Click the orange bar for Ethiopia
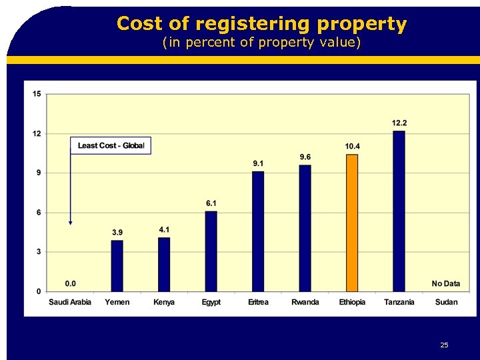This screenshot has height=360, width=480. point(352,223)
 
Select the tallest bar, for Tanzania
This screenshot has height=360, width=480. point(399,211)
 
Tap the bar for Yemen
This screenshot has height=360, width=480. point(117,265)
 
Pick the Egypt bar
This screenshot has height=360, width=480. point(211,251)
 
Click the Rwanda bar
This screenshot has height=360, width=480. point(305,228)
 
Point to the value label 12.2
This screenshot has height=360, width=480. point(399,123)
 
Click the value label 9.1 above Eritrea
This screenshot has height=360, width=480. point(258,163)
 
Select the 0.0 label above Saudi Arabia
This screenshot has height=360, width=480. point(70,283)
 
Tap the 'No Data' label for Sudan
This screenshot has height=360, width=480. point(445,283)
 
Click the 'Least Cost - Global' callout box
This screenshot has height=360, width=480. point(111,146)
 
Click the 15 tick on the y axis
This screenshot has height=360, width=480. point(36,94)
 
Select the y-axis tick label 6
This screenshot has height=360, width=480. point(38,213)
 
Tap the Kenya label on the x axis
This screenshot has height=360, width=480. point(164,302)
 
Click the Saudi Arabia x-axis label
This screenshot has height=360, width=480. point(70,302)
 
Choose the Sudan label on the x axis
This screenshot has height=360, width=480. point(446,302)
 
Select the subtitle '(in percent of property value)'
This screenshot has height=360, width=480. point(261,43)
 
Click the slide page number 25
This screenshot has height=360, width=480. point(444,345)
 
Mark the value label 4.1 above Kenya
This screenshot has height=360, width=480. point(164,229)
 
